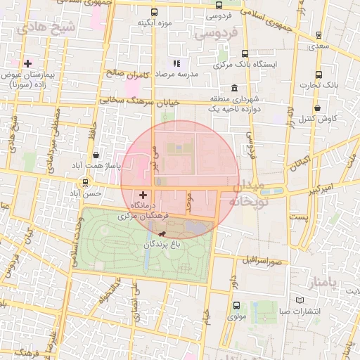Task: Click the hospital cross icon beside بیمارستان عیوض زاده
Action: click(28, 63)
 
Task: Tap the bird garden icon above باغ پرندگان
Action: click(164, 234)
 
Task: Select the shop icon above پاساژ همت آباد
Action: click(96, 155)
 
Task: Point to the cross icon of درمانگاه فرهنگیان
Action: click(143, 195)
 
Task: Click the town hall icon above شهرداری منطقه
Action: click(233, 89)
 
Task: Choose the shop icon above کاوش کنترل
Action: click(318, 108)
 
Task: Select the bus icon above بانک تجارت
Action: click(318, 75)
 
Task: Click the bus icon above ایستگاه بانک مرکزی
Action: click(245, 53)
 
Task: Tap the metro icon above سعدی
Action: click(319, 34)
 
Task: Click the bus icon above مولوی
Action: click(236, 306)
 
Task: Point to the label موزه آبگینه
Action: click(155, 22)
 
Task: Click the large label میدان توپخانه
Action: click(247, 194)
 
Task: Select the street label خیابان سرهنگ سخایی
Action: click(139, 101)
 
